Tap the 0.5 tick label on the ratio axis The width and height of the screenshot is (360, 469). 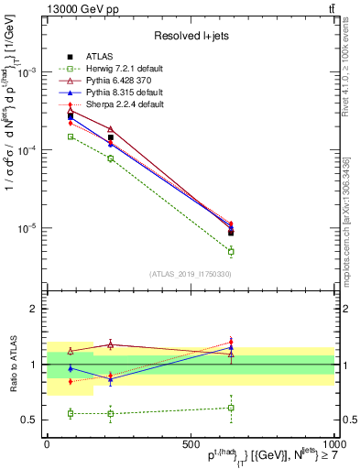point(31,420)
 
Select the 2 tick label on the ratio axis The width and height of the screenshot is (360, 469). point(35,309)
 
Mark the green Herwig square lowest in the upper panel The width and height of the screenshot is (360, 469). point(232,251)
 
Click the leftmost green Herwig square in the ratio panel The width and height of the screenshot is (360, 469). point(71,413)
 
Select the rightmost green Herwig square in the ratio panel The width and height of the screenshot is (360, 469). point(232,408)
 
